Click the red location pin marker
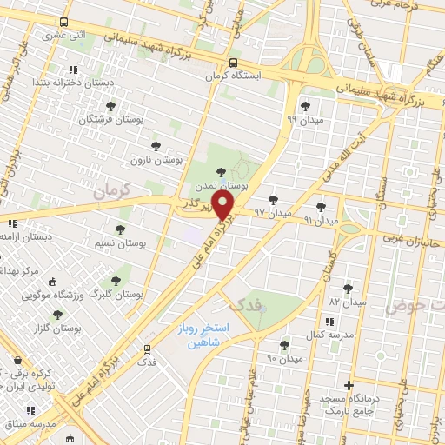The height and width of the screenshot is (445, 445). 223,206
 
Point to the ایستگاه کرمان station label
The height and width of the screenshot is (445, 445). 234,76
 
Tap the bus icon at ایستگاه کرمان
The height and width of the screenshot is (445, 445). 233,63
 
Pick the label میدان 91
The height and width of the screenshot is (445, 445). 321,221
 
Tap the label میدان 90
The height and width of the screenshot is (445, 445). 284,357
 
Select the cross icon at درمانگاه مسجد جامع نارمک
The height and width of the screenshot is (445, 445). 349,385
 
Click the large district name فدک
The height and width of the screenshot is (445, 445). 244,304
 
